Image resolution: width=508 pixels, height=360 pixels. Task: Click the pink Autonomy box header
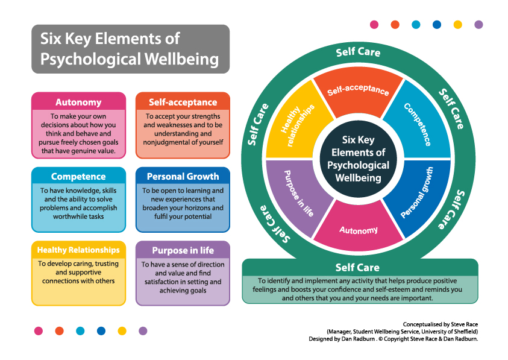point(78,102)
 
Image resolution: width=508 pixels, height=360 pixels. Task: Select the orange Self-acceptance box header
point(183,102)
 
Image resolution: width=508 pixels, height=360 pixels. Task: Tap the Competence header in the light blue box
point(78,177)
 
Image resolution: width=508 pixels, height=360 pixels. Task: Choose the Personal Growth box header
point(183,177)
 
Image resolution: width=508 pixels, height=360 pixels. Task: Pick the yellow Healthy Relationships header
point(78,250)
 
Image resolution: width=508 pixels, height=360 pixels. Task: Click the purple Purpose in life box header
point(183,250)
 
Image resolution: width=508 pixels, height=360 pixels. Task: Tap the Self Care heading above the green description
point(358,267)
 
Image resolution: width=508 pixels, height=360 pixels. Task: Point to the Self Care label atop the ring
point(358,52)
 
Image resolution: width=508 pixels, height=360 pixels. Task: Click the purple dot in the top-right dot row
point(478,25)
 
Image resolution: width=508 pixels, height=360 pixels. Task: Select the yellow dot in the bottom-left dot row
point(122,331)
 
